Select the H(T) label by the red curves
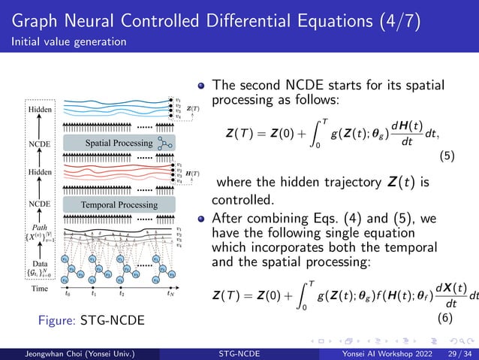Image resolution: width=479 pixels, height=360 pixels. tap(192, 174)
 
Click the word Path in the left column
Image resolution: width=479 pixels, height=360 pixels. tap(39, 226)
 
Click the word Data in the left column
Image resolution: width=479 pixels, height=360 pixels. tap(39, 264)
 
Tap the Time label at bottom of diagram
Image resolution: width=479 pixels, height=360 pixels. tap(39, 289)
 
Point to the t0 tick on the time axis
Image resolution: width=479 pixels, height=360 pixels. tap(68, 294)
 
